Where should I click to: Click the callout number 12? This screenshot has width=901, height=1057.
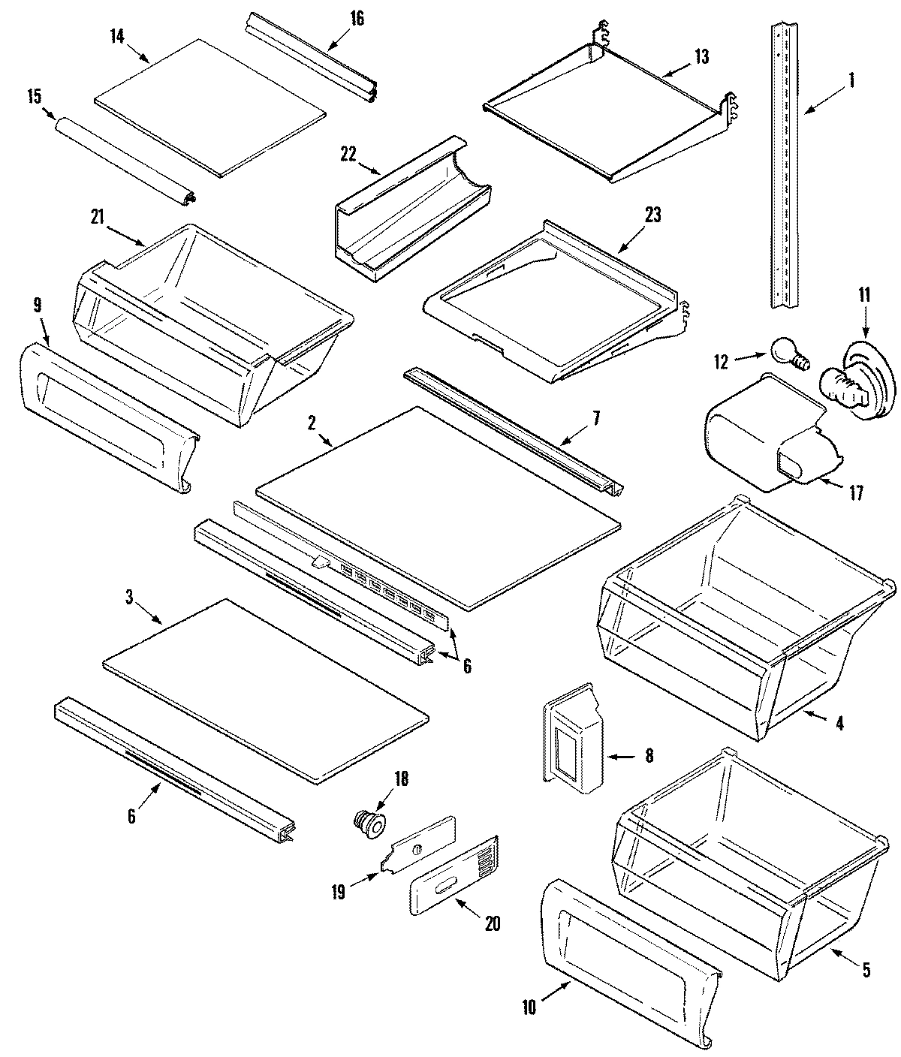721,362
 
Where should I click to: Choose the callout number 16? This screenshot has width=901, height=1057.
357,18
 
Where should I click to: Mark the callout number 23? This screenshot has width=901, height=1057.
652,215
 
